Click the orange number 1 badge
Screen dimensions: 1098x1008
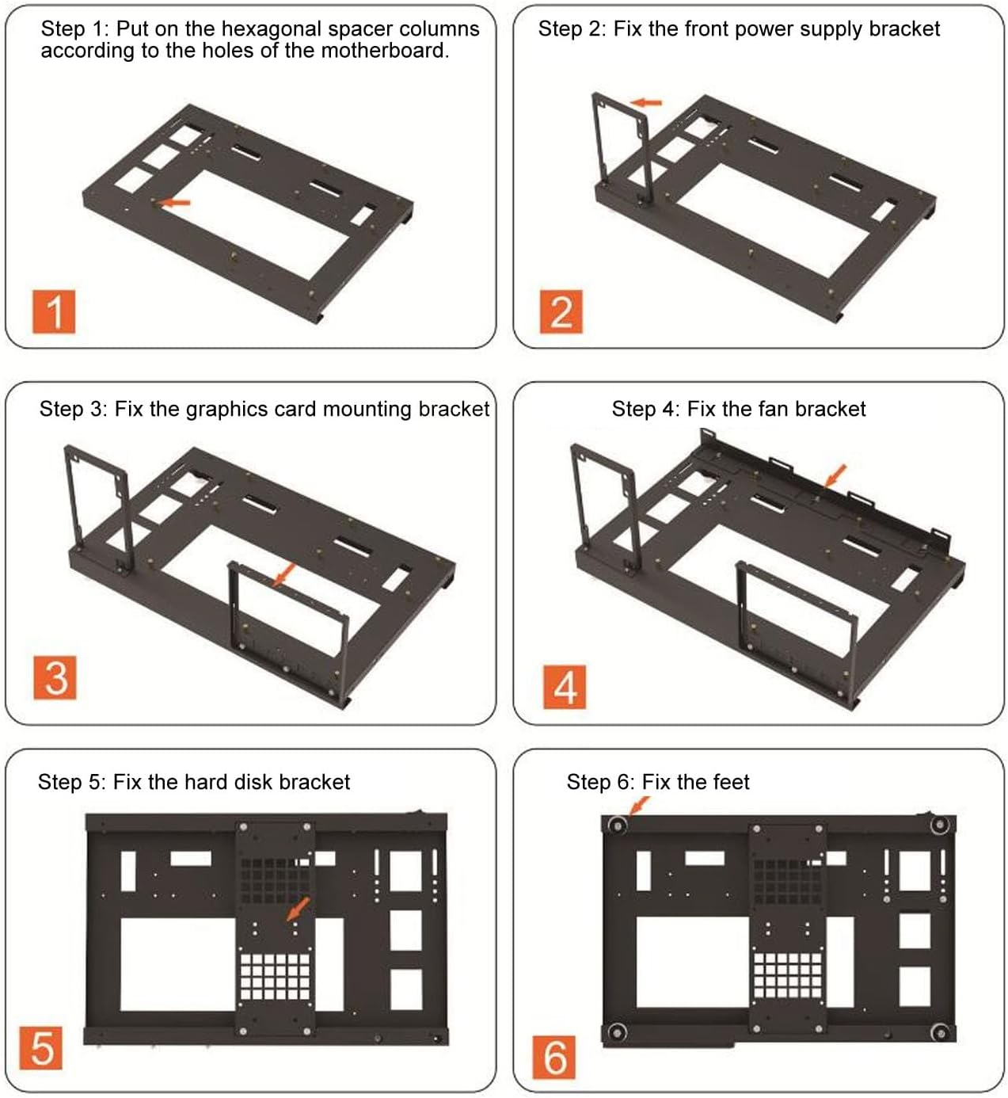(54, 311)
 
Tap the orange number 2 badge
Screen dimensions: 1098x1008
(561, 311)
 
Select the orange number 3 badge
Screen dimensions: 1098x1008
(55, 677)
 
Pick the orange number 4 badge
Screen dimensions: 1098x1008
(565, 686)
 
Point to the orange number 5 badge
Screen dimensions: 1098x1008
(41, 1047)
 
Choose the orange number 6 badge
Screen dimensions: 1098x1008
(555, 1057)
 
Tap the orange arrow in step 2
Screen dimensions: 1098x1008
(646, 102)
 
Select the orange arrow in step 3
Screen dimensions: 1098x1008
(284, 574)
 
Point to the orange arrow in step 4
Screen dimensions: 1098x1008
(835, 475)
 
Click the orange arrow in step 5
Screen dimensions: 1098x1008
(298, 908)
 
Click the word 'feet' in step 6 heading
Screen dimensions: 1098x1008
(730, 782)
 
